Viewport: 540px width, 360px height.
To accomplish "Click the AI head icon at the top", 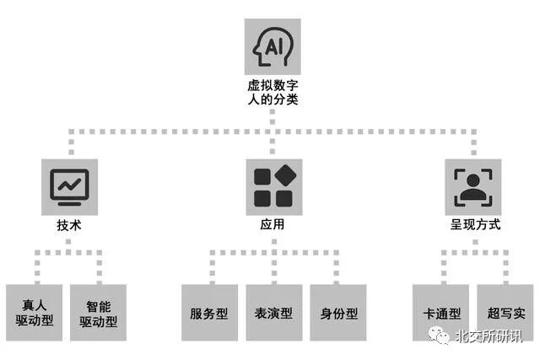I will point(273,47).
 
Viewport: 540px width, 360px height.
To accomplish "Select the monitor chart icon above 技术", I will point(69,186).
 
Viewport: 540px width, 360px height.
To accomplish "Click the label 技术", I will point(69,225).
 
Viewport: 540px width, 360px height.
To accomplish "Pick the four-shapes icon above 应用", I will point(273,186).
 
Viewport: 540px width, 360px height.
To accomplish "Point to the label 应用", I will point(273,225).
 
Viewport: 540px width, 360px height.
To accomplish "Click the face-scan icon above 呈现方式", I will point(475,186).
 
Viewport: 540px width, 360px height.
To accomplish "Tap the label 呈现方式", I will point(475,225).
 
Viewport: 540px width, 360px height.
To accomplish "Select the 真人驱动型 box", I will point(35,312).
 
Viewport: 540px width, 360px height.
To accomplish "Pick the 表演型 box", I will point(273,313).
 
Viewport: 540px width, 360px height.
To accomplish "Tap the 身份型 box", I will point(338,313).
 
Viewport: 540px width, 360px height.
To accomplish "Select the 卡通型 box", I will point(441,313).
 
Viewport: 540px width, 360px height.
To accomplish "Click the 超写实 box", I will point(506,313).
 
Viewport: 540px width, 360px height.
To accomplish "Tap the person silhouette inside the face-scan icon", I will point(475,188).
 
